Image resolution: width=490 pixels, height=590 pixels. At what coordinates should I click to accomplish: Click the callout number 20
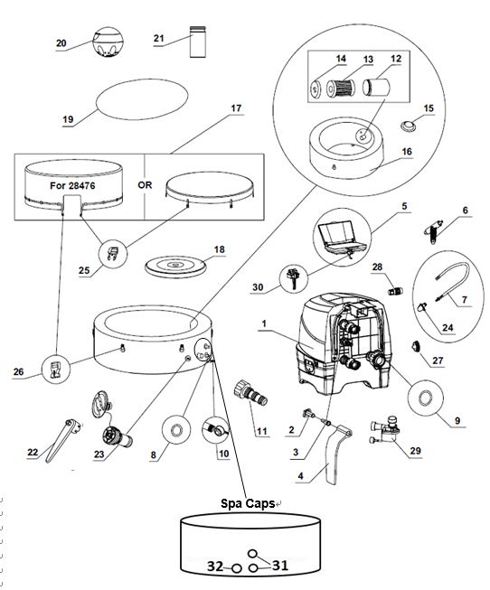point(61,43)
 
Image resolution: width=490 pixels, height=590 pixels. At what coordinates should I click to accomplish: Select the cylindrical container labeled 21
point(198,42)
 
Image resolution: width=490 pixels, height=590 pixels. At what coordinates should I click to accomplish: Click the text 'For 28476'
point(72,185)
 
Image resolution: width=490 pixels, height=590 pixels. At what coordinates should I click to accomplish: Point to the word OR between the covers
point(145,185)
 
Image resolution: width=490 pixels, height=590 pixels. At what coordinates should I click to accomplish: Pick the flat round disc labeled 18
point(176,266)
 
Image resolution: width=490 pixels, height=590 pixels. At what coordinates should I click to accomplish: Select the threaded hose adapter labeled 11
point(250,393)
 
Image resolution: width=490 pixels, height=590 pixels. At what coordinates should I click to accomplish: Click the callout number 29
point(416,451)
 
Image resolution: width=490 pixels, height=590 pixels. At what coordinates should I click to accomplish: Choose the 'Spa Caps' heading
point(248,503)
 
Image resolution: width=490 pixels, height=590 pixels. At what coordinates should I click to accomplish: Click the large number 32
point(215,566)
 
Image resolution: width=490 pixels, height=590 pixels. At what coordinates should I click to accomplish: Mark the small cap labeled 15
point(408,126)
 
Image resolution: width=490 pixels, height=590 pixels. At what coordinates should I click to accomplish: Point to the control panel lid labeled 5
point(341,237)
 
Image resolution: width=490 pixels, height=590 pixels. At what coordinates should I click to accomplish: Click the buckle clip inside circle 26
point(55,370)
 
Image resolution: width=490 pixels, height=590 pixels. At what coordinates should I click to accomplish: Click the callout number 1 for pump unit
point(264,323)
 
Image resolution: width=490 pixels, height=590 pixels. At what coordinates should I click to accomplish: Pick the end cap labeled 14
point(317,89)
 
